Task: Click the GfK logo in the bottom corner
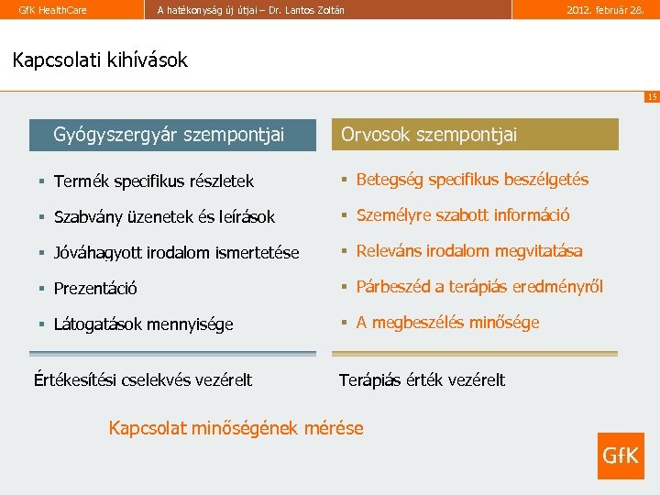pos(621,456)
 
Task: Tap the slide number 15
pos(651,96)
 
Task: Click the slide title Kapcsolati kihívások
pos(100,60)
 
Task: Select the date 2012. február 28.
pos(606,10)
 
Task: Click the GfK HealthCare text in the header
pos(46,10)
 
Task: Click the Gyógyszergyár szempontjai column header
pos(169,135)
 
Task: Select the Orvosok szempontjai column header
pos(429,135)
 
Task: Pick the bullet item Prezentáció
pos(95,289)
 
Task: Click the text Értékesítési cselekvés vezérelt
pos(143,379)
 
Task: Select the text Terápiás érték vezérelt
pos(422,379)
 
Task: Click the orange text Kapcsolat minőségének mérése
pos(236,427)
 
